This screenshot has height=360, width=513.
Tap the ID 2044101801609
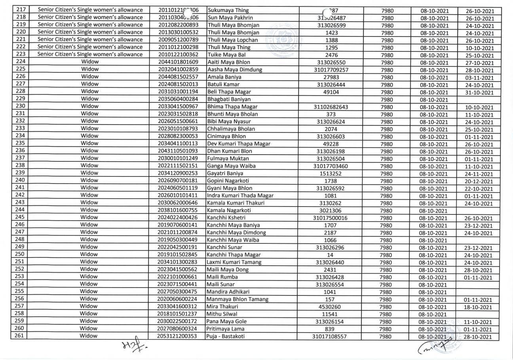coord(178,62)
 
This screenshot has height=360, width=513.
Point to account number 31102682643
coord(331,107)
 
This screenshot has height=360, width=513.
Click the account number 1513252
coord(331,173)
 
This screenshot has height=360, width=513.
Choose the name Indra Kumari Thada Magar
coord(240,196)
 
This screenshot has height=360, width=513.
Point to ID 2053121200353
coord(178,336)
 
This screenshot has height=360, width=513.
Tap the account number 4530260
coord(331,307)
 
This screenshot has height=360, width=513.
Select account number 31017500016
coord(331,218)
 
